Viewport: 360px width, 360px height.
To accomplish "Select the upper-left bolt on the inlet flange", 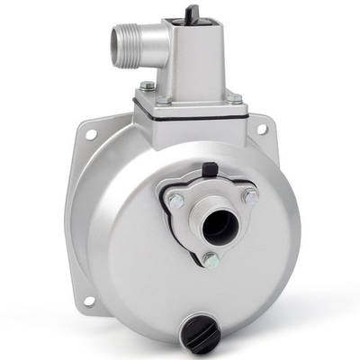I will (176, 200).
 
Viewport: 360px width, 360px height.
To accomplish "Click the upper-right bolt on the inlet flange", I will (249, 195).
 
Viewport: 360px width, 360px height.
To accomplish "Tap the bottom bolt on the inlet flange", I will (210, 260).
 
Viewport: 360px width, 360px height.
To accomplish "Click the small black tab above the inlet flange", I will (210, 168).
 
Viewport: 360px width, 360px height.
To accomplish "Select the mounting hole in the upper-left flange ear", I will (91, 134).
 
